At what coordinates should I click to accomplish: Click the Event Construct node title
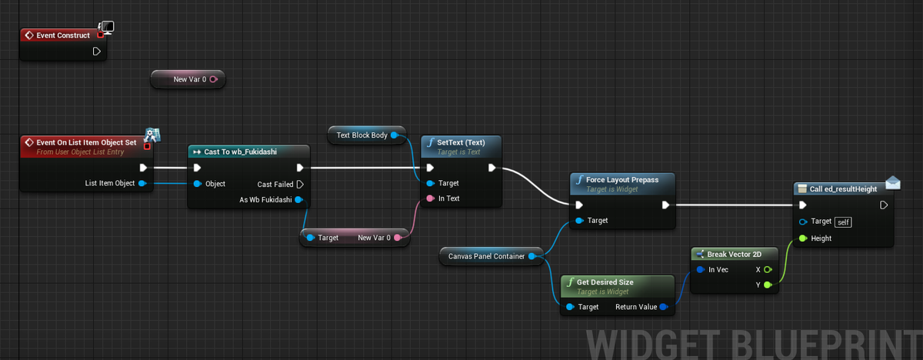click(62, 35)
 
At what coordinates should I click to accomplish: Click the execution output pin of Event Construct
click(96, 52)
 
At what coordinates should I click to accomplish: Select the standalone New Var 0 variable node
click(188, 79)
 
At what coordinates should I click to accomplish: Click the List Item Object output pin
click(142, 183)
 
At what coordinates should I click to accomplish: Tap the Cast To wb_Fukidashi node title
click(240, 152)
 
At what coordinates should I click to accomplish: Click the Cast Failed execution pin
click(300, 184)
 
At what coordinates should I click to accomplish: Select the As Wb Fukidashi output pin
click(298, 200)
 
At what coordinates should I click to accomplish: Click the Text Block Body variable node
click(366, 135)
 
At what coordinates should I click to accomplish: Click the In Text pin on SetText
click(431, 198)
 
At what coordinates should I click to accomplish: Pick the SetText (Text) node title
click(461, 142)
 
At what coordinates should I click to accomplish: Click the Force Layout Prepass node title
click(622, 179)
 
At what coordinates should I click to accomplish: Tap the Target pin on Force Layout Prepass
click(579, 221)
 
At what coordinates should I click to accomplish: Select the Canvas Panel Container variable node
click(491, 256)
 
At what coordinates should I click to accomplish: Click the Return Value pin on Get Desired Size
click(663, 307)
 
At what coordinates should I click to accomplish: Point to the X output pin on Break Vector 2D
click(768, 270)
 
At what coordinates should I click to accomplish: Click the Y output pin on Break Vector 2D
click(768, 285)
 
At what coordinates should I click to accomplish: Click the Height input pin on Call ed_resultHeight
click(803, 238)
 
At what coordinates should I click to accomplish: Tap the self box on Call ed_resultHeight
click(843, 222)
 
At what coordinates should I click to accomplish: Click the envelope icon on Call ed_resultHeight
click(892, 182)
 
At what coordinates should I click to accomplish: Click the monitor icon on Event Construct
click(107, 28)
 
